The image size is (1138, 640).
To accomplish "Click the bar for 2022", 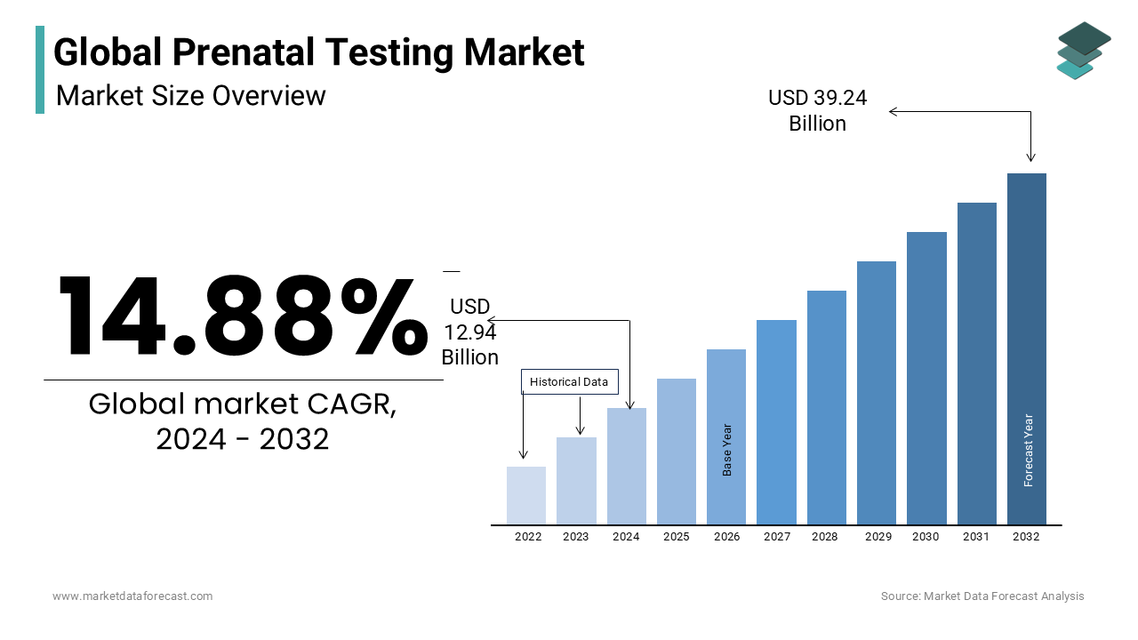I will click(x=526, y=495).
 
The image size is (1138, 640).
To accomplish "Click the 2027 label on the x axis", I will click(x=777, y=537).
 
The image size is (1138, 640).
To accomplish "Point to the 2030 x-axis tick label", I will click(x=926, y=537).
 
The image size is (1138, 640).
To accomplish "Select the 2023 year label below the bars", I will click(x=576, y=537).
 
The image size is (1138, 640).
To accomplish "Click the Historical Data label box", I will click(x=569, y=382).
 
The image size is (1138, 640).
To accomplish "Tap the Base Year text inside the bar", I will click(x=727, y=449).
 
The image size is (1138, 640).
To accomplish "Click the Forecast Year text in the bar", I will click(x=1029, y=450).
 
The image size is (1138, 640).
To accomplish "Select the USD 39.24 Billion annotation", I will click(x=817, y=110).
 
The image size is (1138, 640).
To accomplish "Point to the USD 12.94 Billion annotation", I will click(x=469, y=332).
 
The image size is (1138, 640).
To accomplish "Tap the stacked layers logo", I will click(x=1083, y=50).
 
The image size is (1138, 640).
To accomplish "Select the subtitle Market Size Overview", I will click(x=191, y=95).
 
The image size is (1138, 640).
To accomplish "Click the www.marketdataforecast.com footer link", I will click(x=132, y=596).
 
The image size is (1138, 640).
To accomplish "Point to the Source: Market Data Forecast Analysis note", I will click(x=982, y=596).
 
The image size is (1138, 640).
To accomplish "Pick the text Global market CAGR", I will click(x=243, y=404).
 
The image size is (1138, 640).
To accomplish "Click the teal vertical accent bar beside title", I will click(x=40, y=69).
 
